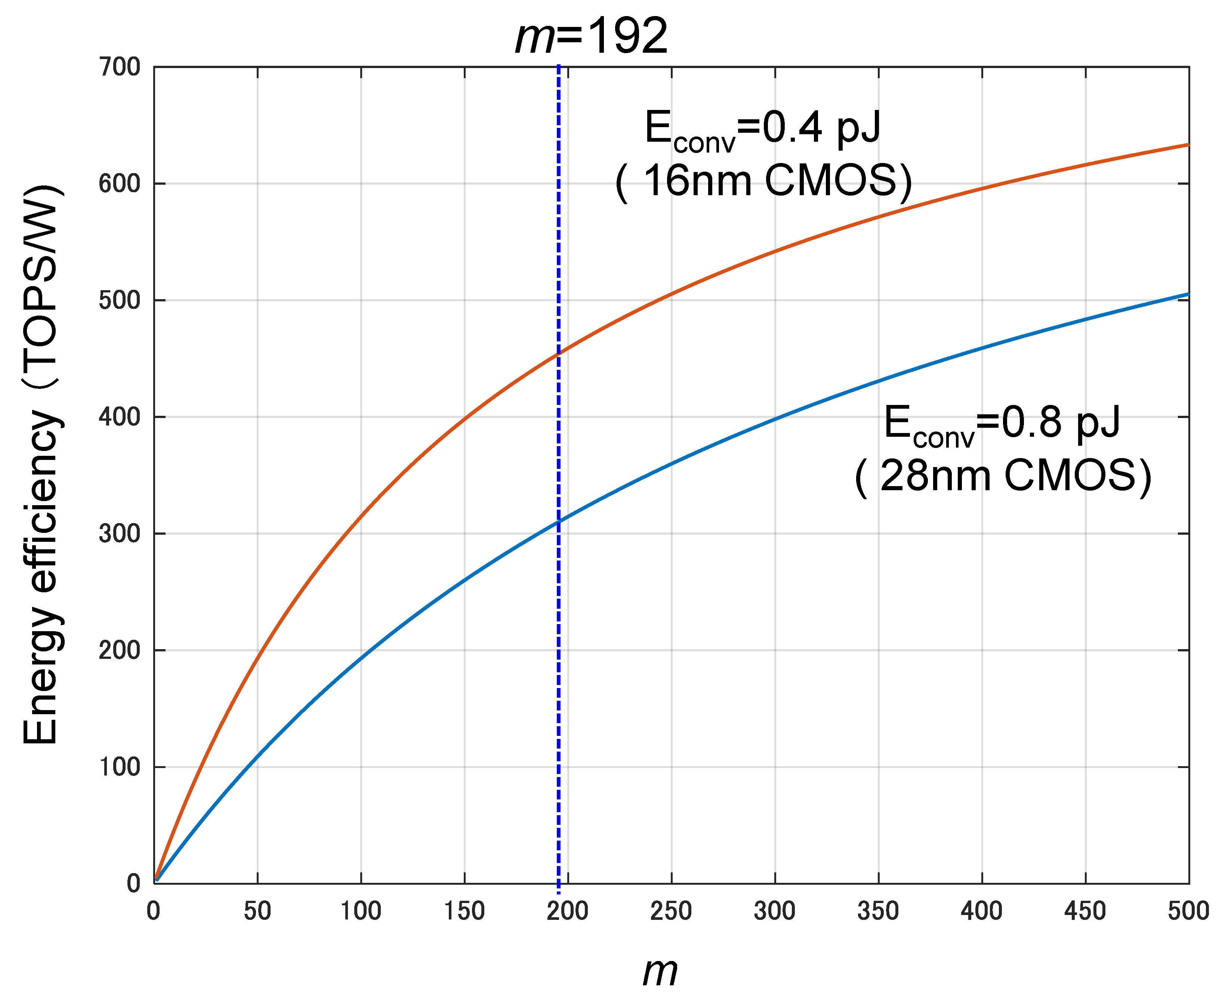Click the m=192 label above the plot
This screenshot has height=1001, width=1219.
tap(591, 36)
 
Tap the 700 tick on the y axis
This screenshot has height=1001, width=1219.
tap(119, 67)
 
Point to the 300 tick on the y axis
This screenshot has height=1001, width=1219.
tap(119, 533)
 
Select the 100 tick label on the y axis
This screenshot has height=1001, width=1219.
tap(119, 767)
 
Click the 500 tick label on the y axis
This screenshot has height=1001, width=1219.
tap(119, 300)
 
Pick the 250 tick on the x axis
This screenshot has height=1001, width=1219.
tap(671, 911)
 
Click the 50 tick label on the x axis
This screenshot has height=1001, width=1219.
tap(257, 911)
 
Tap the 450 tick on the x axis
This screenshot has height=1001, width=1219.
tap(1085, 911)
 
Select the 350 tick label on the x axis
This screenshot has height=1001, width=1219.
tap(878, 911)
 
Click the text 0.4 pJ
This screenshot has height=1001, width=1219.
tap(821, 128)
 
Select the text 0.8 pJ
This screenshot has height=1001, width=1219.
tap(1061, 423)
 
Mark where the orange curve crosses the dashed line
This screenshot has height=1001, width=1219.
tap(559, 353)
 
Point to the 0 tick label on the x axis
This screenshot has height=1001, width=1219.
tap(153, 911)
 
